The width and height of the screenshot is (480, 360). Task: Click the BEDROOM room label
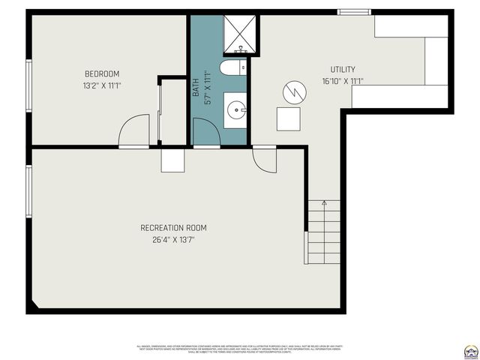102,73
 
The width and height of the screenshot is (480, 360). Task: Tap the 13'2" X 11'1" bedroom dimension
102,85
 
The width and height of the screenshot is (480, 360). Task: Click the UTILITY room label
343,70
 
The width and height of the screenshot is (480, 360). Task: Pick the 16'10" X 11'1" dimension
343,81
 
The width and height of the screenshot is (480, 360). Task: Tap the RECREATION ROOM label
173,228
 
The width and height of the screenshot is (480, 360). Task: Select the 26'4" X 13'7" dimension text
173,240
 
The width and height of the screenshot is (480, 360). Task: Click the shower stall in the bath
241,31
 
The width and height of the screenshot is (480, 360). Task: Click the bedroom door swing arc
133,129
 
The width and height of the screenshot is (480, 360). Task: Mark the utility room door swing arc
265,157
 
